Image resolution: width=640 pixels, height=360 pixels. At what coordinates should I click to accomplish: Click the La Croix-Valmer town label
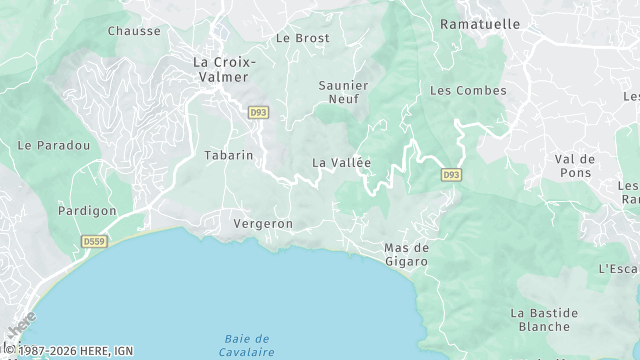(224, 70)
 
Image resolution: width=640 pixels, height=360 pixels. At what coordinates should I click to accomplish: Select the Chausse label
(134, 31)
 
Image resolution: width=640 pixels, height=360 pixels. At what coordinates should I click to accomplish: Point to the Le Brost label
(302, 38)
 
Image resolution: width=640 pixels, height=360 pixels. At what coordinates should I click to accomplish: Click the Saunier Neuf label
(343, 93)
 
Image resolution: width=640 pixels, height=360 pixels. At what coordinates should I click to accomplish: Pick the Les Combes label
(468, 91)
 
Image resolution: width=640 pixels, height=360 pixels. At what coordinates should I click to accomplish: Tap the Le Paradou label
(54, 145)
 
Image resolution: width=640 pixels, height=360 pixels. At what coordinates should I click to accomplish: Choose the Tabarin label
(228, 156)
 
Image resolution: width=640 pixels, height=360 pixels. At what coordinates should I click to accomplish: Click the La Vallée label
(341, 163)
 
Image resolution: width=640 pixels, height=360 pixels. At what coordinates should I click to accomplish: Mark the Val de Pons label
(575, 166)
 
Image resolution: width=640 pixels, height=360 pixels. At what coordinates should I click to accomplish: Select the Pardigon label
(87, 211)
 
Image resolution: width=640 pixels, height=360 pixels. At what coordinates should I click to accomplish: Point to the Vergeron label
(263, 224)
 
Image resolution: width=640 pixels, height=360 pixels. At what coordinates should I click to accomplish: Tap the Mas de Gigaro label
(406, 254)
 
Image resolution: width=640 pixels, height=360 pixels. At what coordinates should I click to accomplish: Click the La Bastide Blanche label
(546, 319)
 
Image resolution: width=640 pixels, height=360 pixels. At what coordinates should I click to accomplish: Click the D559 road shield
(96, 242)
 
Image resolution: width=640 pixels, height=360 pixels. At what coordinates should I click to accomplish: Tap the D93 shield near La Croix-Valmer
(259, 113)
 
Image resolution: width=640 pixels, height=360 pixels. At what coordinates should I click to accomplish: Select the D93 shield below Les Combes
(451, 175)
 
